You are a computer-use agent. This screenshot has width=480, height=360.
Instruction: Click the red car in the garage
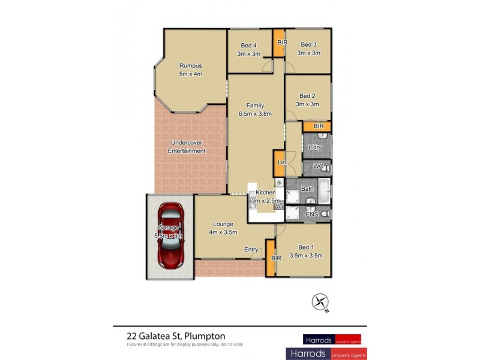coord(170,236)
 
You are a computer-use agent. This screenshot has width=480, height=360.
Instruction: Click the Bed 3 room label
coord(308,44)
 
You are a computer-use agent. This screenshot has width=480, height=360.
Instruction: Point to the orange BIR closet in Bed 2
coord(318,126)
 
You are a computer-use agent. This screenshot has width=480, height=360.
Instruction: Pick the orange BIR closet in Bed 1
coord(271,258)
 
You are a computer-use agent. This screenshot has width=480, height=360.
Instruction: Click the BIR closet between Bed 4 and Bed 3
coord(280,43)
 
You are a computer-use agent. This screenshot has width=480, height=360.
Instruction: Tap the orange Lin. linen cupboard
coord(280,163)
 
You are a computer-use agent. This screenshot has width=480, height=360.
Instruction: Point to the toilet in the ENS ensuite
coord(325,214)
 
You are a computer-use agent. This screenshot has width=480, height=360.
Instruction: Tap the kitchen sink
coord(254,202)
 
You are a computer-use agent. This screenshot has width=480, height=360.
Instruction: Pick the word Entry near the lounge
coord(251,250)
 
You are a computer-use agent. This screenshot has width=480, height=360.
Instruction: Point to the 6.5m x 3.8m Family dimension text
coord(255,113)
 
